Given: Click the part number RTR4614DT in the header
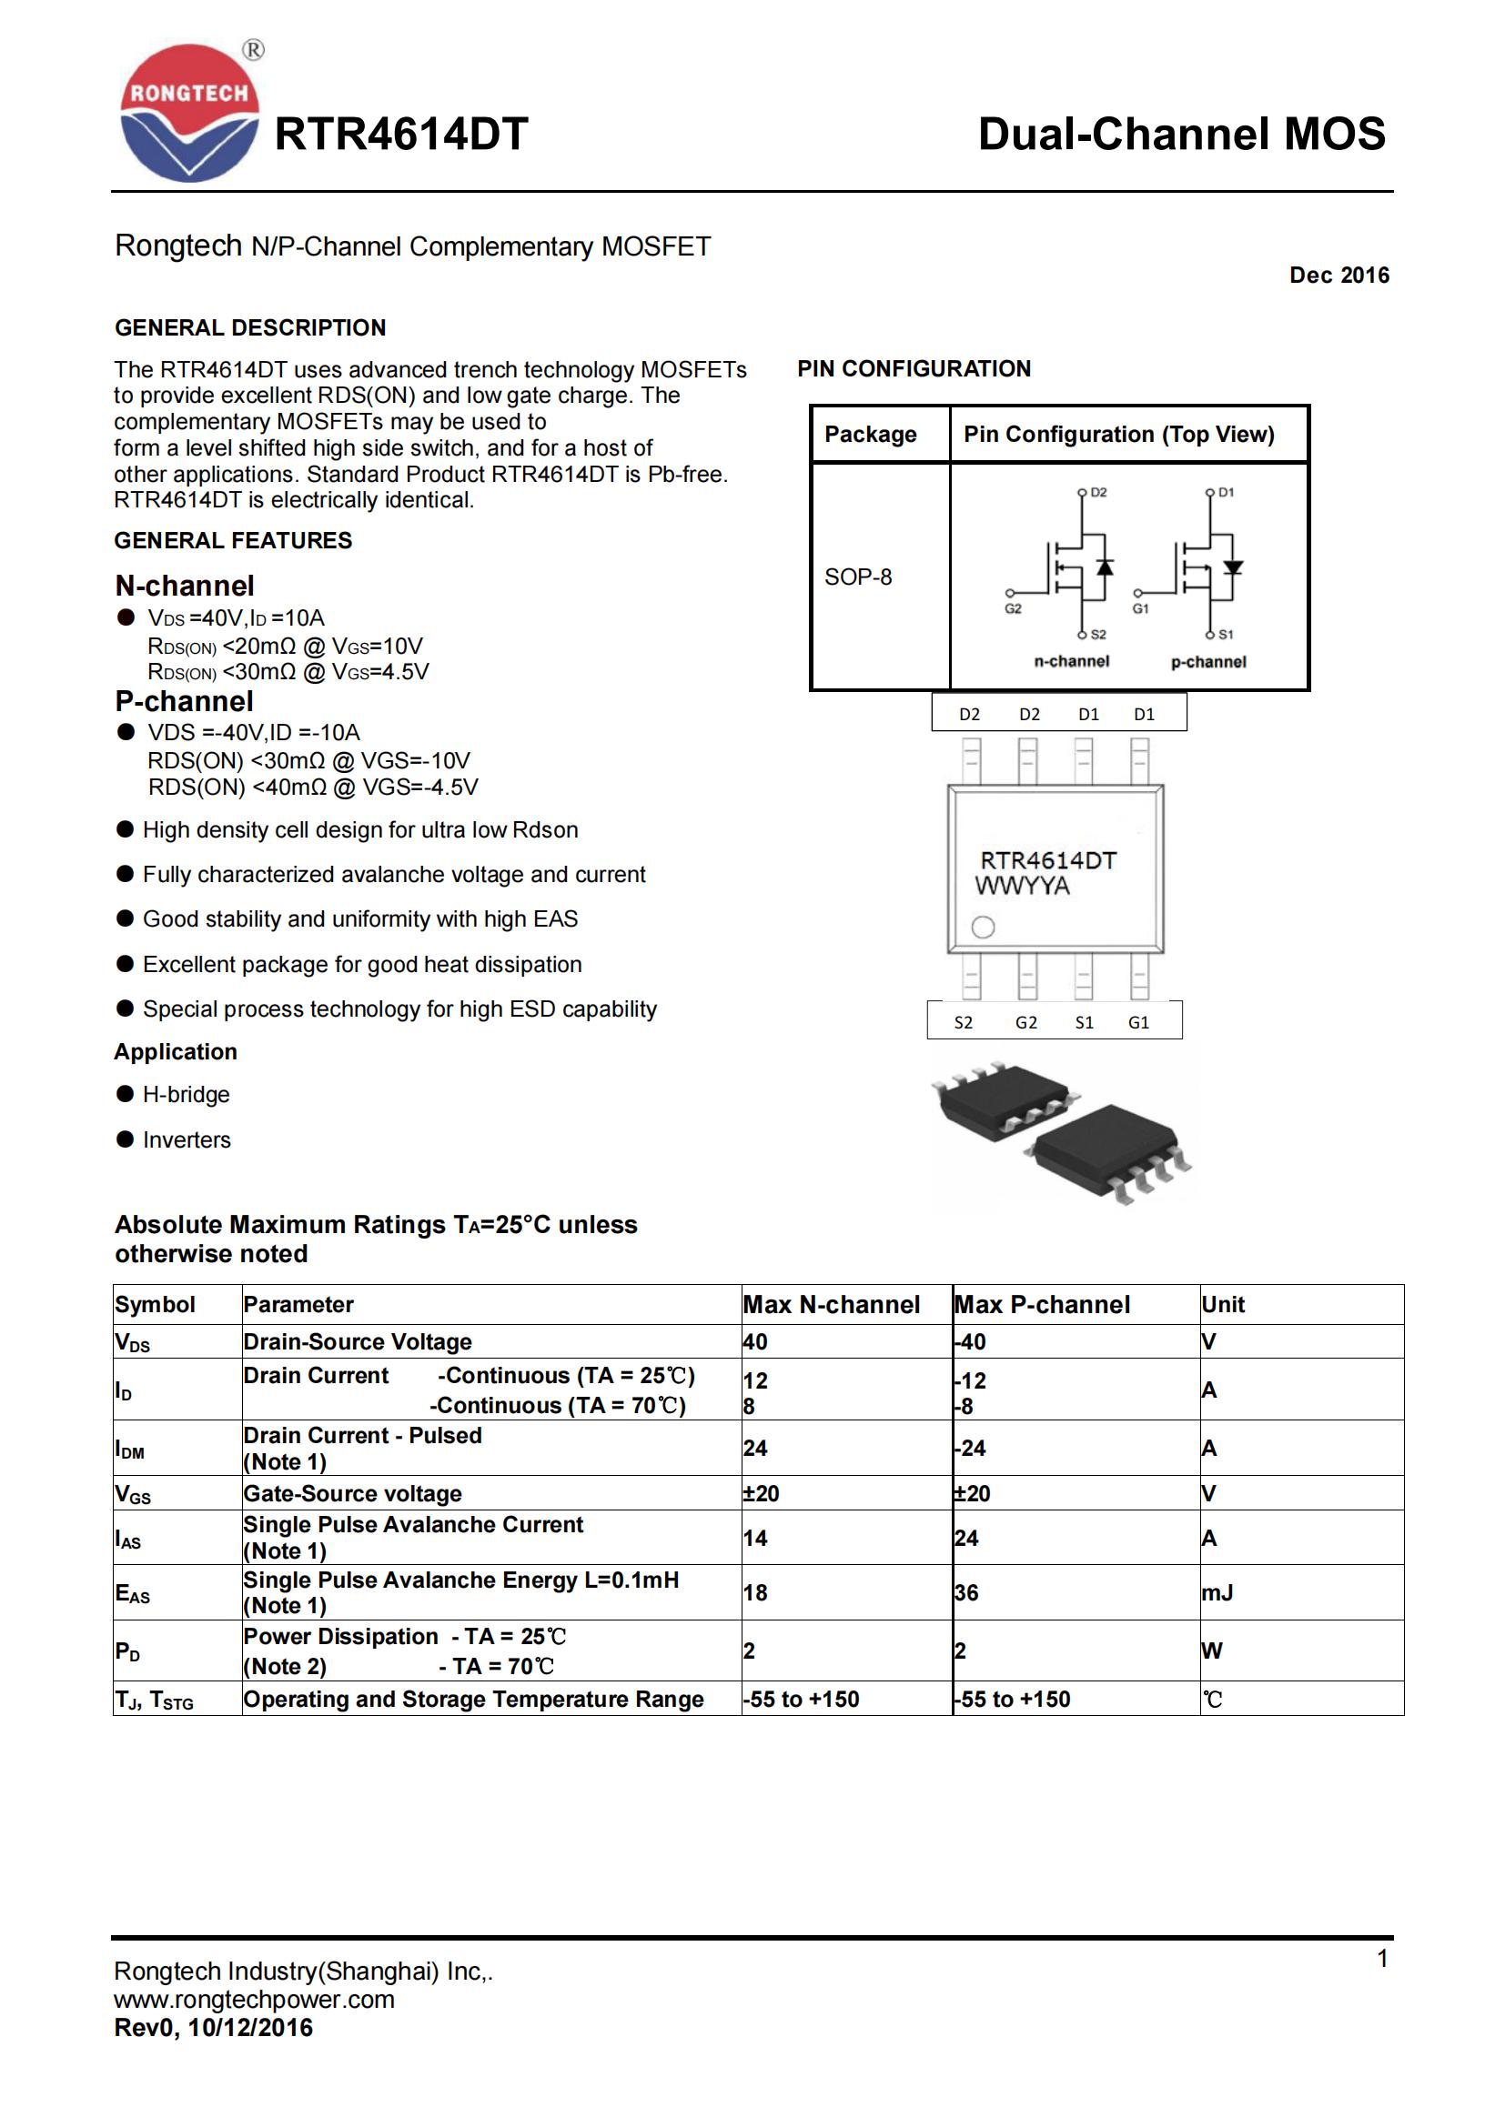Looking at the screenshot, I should coord(401,135).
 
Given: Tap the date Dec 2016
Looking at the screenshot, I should coord(1338,276).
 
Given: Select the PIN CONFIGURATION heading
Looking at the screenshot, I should coord(913,368).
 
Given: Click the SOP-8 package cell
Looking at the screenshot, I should coord(858,577).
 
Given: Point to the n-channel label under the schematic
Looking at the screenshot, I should coord(1071,661).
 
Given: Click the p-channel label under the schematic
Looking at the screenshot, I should coord(1208,661).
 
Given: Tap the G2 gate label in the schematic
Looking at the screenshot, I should coord(1013,608).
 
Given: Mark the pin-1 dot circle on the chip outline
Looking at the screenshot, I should coord(984,927).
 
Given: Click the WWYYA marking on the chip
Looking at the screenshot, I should coord(1022,887).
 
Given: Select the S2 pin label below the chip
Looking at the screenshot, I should coord(964,1023).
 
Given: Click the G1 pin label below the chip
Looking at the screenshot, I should coord(1139,1023).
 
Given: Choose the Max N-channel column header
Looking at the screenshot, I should coord(832,1304).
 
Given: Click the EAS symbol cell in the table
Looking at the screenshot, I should coord(133,1592).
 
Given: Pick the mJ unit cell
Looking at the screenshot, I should coord(1217,1592).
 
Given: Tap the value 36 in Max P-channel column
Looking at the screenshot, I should coord(966,1592).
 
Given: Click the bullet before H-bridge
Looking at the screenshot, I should coord(125,1094).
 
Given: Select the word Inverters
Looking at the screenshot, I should coord(187,1139).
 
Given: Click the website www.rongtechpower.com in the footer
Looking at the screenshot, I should coord(254,1999).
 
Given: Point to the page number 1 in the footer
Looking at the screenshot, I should coord(1382,1959).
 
